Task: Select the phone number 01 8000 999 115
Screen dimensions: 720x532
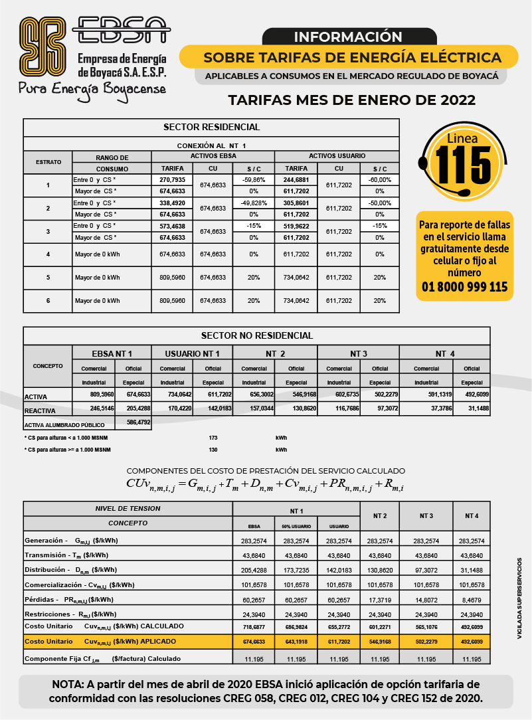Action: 464,287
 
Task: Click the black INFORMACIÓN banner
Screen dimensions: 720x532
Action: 349,37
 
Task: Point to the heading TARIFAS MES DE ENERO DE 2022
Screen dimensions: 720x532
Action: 352,100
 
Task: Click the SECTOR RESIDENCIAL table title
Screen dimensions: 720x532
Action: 211,127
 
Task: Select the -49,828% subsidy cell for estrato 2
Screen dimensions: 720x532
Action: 253,203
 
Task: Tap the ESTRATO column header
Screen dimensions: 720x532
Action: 48,162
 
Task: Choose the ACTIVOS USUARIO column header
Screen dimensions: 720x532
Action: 337,155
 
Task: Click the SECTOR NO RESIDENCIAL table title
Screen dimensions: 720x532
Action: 256,335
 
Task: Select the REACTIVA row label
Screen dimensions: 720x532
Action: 40,410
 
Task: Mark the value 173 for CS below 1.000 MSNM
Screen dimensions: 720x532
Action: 213,438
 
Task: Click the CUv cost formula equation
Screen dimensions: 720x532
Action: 265,485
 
